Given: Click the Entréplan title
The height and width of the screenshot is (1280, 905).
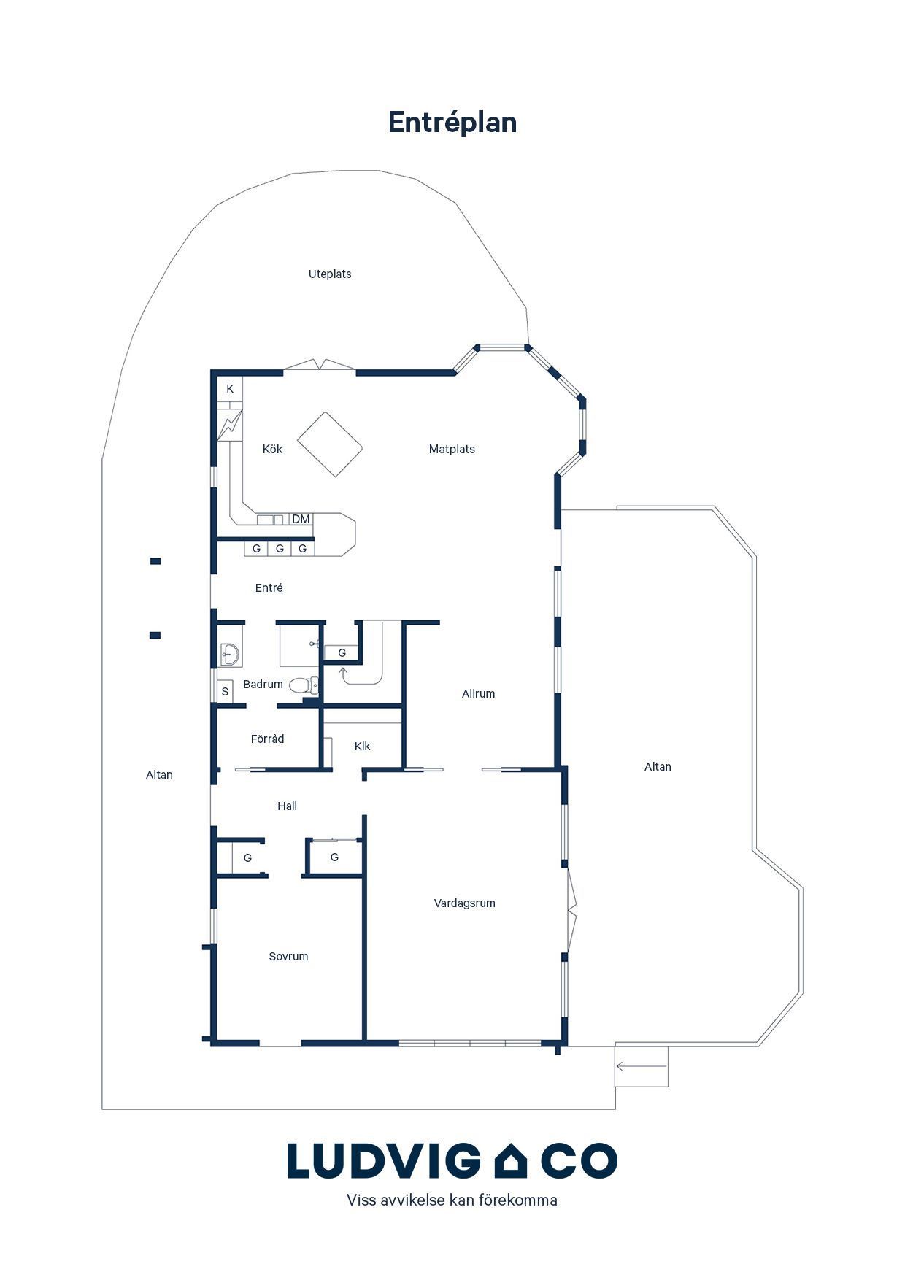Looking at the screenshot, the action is click(452, 123).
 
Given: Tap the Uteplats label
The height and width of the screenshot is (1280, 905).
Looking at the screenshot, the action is click(330, 274).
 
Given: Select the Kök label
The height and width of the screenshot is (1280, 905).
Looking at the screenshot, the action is click(272, 449).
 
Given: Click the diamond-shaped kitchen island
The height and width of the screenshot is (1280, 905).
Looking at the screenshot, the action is click(330, 444).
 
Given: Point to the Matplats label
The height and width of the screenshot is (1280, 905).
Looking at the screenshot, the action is click(452, 450).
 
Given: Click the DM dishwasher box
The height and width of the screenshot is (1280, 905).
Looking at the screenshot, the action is click(301, 520).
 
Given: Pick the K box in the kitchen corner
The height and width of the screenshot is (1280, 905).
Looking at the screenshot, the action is click(230, 389).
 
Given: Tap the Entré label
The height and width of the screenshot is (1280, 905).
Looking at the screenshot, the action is click(269, 587).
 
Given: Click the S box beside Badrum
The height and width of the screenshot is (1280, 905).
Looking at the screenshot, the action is click(225, 692).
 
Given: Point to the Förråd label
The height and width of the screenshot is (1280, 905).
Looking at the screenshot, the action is click(267, 739).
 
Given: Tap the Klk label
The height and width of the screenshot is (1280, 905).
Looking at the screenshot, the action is click(362, 746).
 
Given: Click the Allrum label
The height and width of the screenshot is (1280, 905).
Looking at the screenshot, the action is click(478, 694).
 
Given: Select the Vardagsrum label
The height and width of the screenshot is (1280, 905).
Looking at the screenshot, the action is click(464, 903).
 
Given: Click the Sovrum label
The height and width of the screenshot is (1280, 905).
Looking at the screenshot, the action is click(288, 957).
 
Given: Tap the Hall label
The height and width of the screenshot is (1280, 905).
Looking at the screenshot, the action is click(287, 806).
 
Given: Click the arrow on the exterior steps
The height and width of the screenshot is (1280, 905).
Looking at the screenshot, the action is click(642, 1066).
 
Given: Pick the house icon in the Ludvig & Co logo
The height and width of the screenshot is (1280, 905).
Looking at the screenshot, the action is click(510, 1161).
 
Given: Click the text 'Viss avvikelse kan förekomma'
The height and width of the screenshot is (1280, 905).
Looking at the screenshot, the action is click(452, 1200).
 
